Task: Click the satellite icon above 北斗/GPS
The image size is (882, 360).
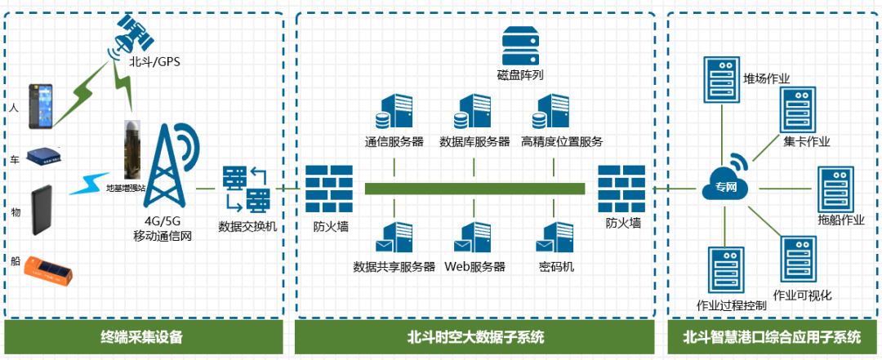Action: [x=131, y=33]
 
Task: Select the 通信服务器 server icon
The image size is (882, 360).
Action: [x=394, y=112]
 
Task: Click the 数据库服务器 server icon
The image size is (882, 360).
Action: [x=474, y=112]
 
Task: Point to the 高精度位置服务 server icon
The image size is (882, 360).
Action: [x=553, y=112]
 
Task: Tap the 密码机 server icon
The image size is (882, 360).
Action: [x=555, y=237]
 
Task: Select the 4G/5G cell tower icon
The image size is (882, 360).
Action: [x=169, y=167]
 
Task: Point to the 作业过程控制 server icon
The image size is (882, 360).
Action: [x=724, y=270]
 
